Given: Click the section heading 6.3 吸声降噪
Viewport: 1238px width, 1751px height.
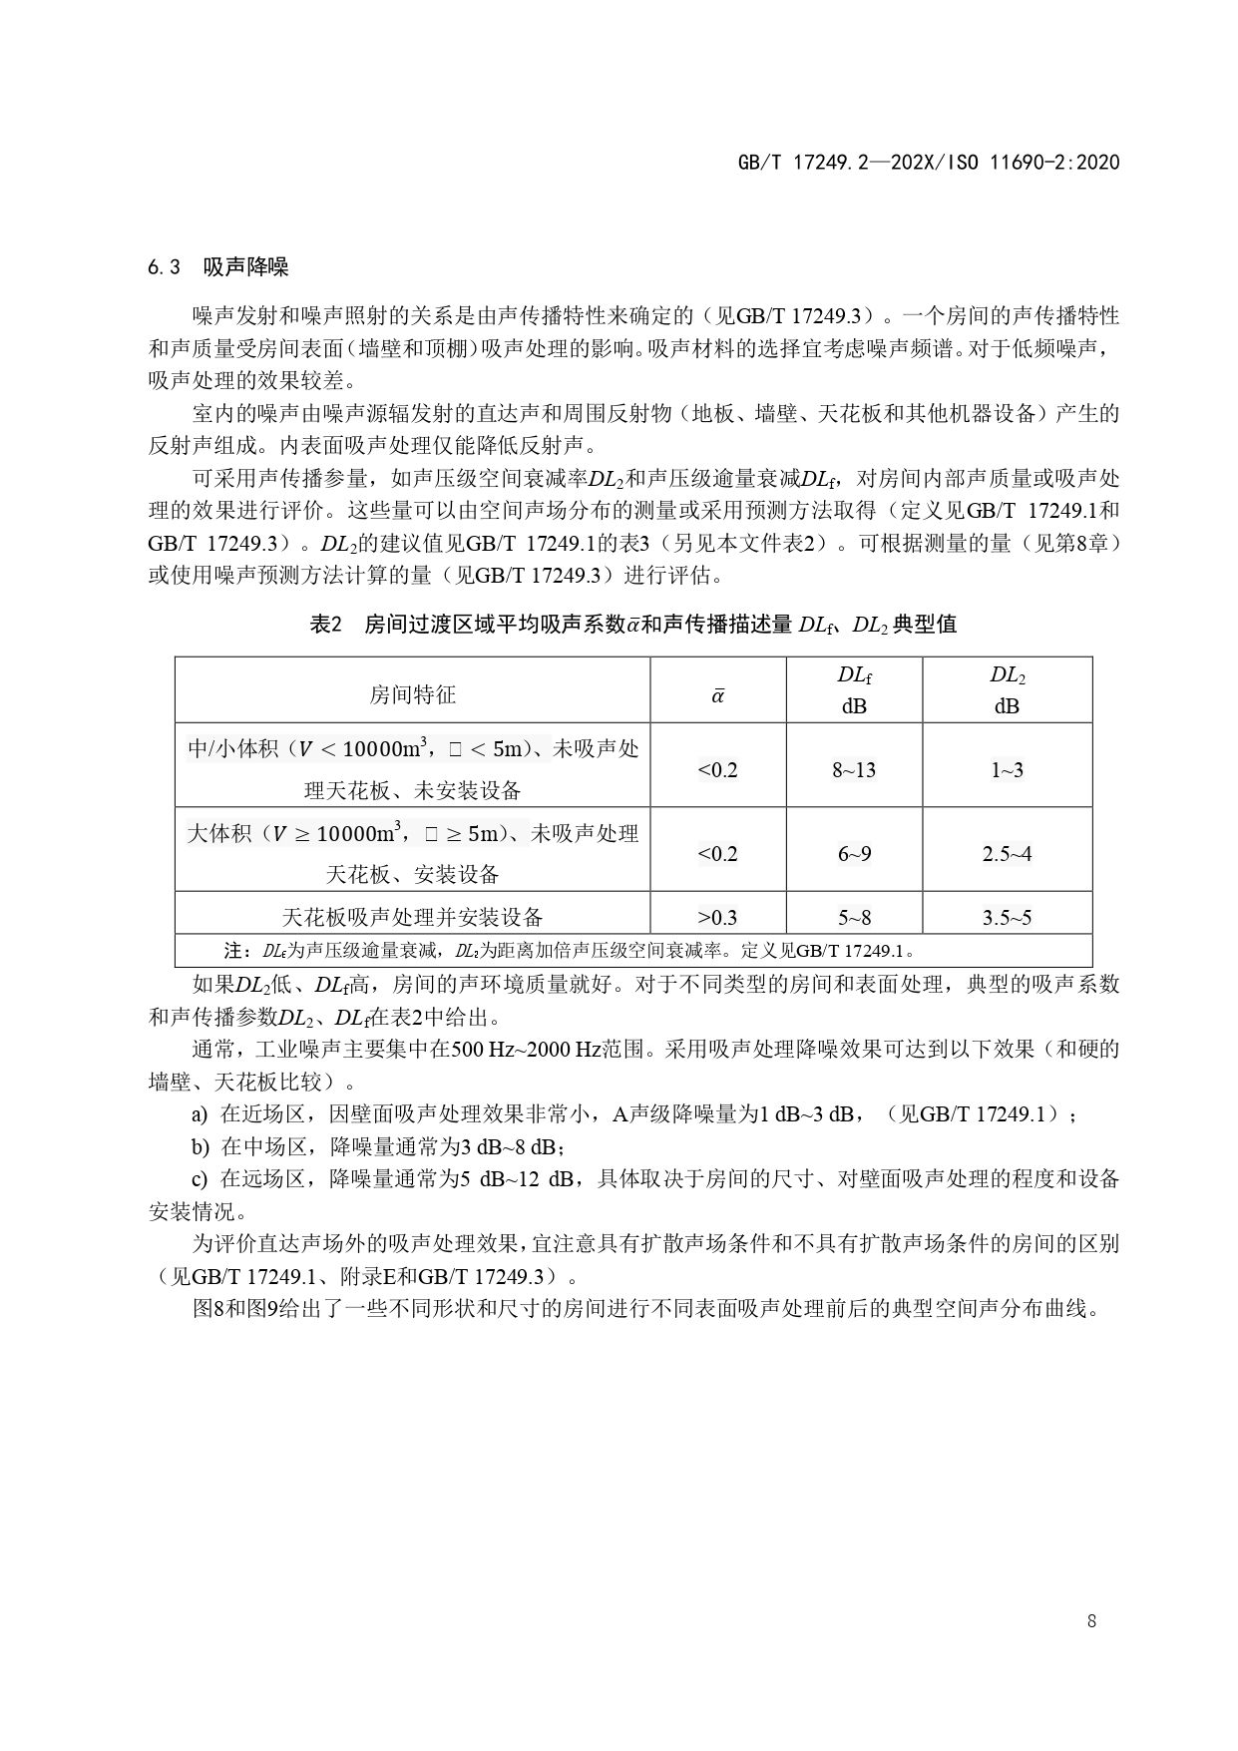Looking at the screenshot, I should click(x=217, y=266).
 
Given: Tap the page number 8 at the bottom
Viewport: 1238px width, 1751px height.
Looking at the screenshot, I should click(x=1091, y=1620).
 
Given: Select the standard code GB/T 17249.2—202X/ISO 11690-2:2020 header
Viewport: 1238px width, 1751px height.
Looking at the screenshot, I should click(x=928, y=162).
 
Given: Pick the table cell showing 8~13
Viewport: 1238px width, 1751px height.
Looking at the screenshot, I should click(x=854, y=769).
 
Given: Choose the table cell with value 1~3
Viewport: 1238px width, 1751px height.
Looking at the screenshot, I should click(x=1007, y=769).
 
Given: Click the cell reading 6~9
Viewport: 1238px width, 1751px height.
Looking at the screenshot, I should click(x=854, y=854).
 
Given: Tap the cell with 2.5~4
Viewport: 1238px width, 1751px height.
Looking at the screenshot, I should click(x=1007, y=854).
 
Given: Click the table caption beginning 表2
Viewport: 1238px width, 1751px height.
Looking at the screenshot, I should click(x=632, y=625).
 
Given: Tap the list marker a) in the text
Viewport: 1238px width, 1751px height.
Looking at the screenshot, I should click(x=200, y=1114).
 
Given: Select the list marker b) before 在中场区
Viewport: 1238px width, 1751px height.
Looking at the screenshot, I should click(x=200, y=1147).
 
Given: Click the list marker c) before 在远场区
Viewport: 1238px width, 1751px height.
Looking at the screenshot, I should click(x=200, y=1179).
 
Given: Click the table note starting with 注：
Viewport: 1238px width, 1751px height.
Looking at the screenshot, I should click(x=569, y=951).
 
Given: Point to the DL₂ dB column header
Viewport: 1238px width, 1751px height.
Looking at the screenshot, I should click(x=1007, y=689).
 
